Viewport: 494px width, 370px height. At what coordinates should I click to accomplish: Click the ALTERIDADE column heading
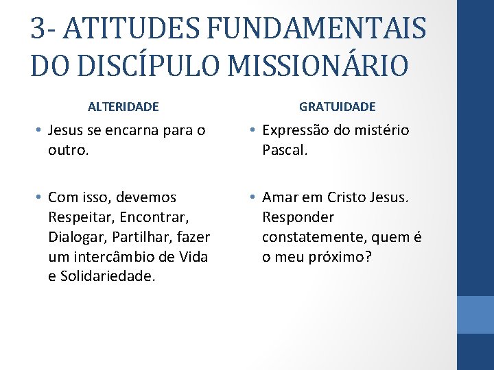coord(123,107)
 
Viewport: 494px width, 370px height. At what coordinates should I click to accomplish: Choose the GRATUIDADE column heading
coord(338,107)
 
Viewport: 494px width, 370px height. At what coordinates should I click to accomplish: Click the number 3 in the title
coord(38,29)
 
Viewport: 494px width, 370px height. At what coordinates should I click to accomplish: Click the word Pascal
coord(284,149)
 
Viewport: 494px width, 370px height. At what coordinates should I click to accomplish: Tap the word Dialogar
coord(75,237)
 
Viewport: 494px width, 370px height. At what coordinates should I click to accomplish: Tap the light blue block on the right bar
coord(475,314)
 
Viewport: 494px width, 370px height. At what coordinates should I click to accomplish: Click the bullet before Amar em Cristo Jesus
coord(252,197)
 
